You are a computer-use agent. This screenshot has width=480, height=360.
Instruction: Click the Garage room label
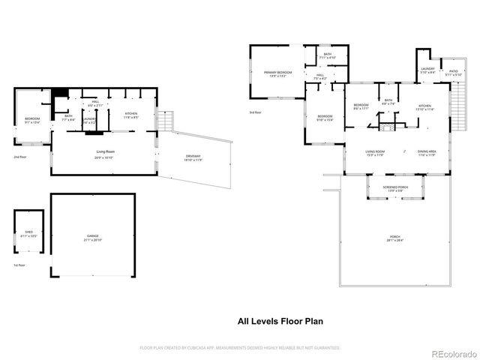[x=92, y=235]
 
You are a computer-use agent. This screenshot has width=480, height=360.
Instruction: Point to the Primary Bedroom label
[x=277, y=72]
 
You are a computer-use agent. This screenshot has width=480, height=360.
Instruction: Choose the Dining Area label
[x=427, y=151]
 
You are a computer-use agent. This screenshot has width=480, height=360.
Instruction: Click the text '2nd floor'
[x=20, y=157]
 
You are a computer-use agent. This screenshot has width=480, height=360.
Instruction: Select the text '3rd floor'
[x=256, y=113]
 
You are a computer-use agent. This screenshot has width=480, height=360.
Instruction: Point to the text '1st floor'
[x=20, y=265]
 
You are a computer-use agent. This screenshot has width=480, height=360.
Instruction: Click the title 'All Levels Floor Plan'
[x=280, y=321]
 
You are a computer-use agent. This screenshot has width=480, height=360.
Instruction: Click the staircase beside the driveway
[x=166, y=120]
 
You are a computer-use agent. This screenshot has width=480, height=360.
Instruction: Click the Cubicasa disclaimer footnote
[x=240, y=348]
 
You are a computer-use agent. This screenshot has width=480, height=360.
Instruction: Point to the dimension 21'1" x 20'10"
[x=92, y=239]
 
